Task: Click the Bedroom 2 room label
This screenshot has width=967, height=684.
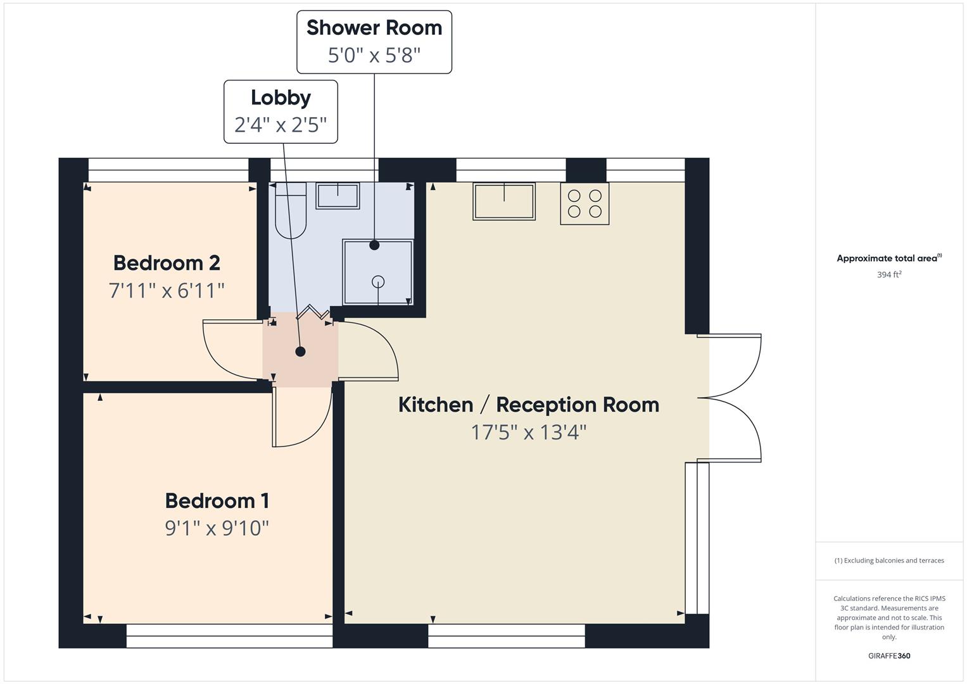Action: pyautogui.click(x=167, y=262)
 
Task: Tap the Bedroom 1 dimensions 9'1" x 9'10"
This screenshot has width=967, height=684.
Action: pyautogui.click(x=217, y=528)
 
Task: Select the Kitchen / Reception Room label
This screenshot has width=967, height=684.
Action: pyautogui.click(x=528, y=405)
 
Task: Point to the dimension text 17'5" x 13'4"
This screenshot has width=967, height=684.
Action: pyautogui.click(x=528, y=433)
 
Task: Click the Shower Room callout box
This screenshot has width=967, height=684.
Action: pyautogui.click(x=374, y=42)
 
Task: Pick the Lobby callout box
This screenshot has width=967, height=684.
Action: pyautogui.click(x=281, y=111)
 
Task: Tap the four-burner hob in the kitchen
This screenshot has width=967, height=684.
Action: pyautogui.click(x=585, y=203)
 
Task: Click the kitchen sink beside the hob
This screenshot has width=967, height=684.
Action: pyautogui.click(x=504, y=201)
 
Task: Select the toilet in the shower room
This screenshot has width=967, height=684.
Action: pyautogui.click(x=291, y=211)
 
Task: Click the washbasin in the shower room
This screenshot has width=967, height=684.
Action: pyautogui.click(x=338, y=196)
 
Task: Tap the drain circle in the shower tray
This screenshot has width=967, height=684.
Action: pyautogui.click(x=378, y=281)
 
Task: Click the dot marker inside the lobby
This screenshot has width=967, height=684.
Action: pyautogui.click(x=301, y=351)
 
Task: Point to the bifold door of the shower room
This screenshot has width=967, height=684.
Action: pyautogui.click(x=312, y=312)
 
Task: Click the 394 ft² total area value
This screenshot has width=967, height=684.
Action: pyautogui.click(x=889, y=275)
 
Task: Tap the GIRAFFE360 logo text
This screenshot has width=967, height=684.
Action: pyautogui.click(x=889, y=656)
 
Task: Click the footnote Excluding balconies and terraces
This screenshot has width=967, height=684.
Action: pyautogui.click(x=889, y=560)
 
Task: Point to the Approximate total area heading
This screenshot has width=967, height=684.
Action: pyautogui.click(x=889, y=258)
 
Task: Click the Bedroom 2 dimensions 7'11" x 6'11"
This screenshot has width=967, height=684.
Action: pyautogui.click(x=167, y=291)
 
